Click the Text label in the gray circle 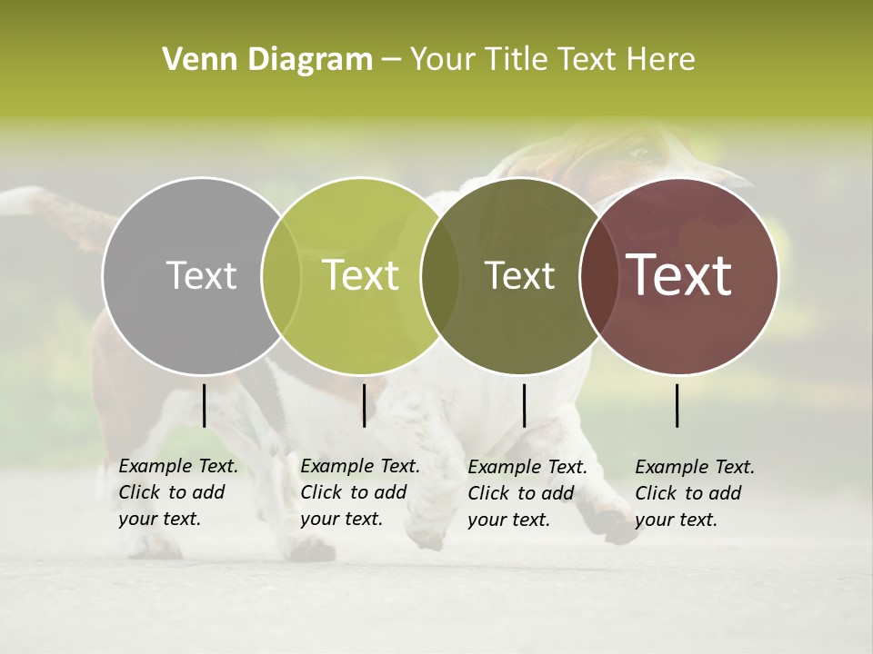pos(201,275)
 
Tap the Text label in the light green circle pos(361,275)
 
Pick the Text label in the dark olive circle pos(519,275)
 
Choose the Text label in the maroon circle pos(679,275)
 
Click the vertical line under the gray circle pos(204,405)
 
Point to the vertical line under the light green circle pos(364,405)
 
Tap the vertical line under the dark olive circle pos(524,405)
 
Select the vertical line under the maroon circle pos(677,405)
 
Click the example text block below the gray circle pos(178,493)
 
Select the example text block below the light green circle pos(360,493)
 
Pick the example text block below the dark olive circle pos(527,493)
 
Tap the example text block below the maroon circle pos(695,493)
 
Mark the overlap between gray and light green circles pos(282,276)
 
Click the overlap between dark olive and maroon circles pos(596,276)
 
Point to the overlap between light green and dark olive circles pos(440,276)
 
